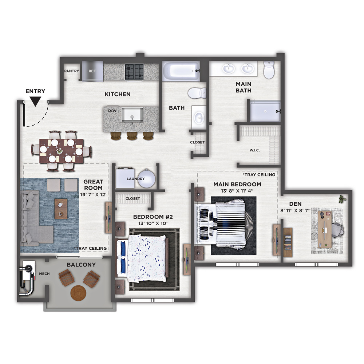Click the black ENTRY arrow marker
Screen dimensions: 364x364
click(35, 102)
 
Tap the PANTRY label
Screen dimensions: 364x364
click(71, 71)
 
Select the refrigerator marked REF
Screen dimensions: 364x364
click(92, 71)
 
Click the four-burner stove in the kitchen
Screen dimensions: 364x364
click(134, 71)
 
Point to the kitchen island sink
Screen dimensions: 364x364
click(132, 115)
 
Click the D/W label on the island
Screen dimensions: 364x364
click(112, 111)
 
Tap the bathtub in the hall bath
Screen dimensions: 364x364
click(181, 71)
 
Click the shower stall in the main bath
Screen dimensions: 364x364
click(265, 111)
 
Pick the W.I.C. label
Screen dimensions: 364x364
click(255, 150)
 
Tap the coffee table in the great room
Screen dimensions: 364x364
click(61, 209)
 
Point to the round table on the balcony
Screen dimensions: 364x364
click(78, 293)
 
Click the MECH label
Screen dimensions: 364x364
click(44, 274)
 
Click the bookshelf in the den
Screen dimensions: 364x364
click(288, 242)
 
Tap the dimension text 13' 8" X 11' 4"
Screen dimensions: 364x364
click(237, 191)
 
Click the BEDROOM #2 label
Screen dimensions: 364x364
click(153, 217)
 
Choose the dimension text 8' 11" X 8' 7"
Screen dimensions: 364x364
click(295, 211)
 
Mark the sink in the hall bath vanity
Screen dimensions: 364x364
click(199, 117)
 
